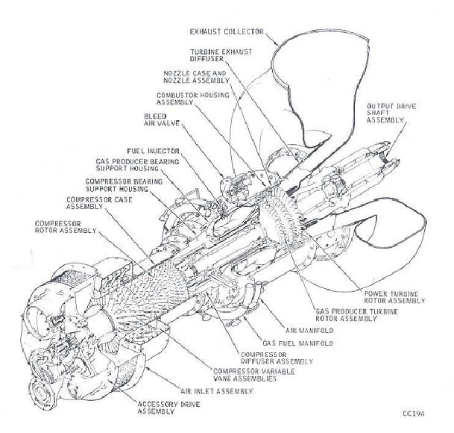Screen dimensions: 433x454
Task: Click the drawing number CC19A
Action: pyautogui.click(x=412, y=413)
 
